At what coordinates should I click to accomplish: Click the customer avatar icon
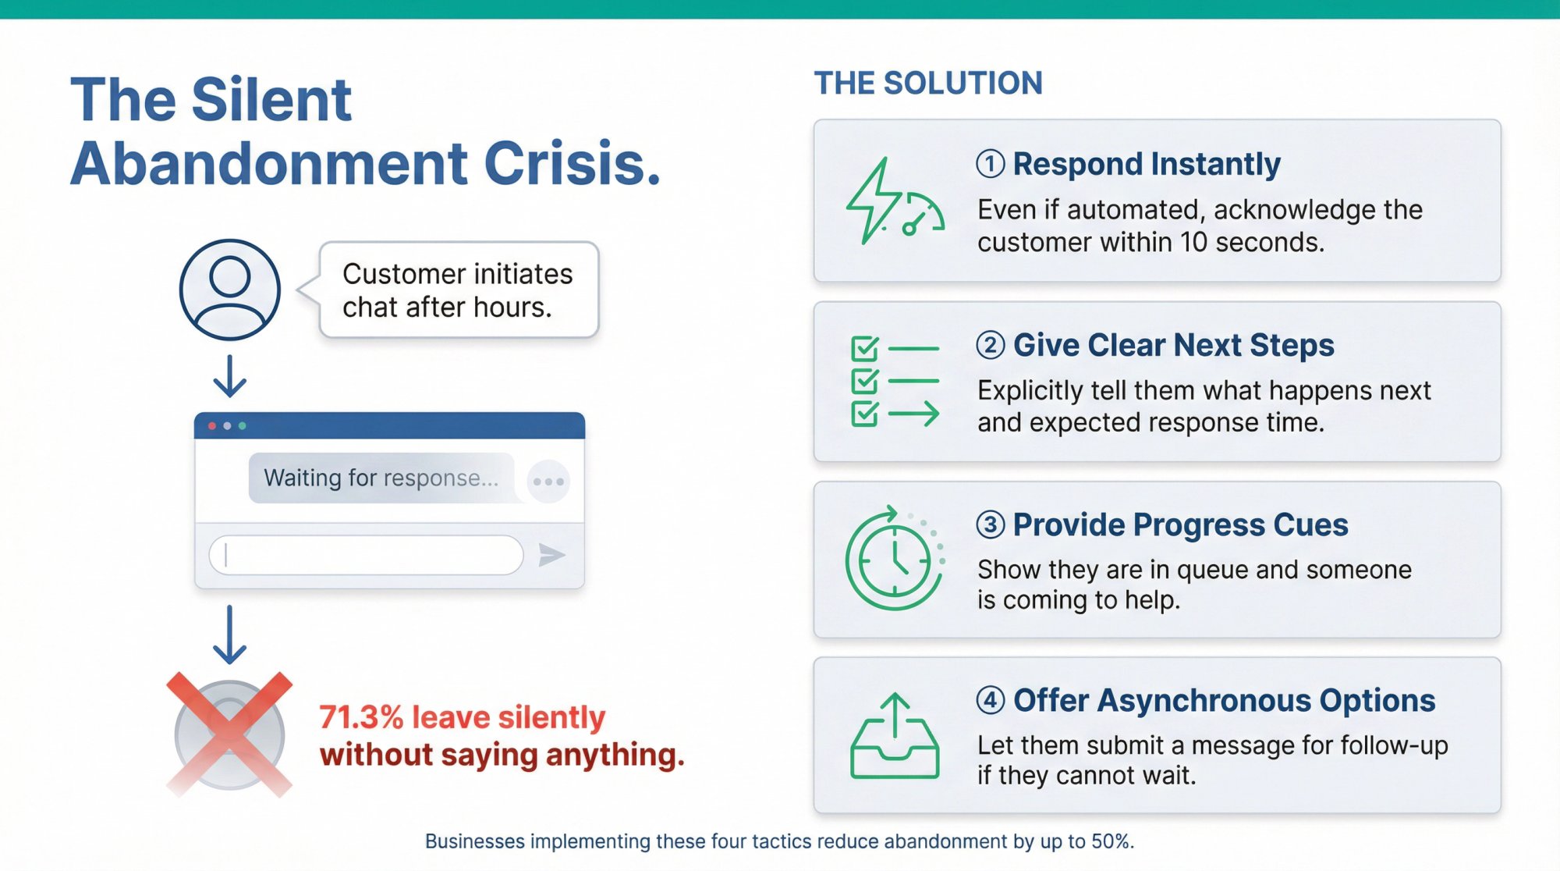230,290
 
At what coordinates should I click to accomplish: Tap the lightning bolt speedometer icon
894,202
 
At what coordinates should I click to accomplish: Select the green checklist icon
894,382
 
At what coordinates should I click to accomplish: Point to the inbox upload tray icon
894,738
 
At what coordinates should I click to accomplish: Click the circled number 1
991,164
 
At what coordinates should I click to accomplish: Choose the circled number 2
991,345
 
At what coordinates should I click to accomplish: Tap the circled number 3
991,524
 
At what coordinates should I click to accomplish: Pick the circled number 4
991,700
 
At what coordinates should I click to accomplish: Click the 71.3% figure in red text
361,717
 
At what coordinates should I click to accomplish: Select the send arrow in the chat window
551,555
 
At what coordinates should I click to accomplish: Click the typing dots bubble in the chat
548,482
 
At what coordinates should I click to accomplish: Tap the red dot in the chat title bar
212,426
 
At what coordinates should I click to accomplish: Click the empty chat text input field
366,555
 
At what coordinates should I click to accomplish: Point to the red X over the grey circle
229,734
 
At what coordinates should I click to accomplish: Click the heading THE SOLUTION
928,84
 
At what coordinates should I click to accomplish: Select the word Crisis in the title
573,164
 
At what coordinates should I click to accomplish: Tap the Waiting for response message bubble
381,478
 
